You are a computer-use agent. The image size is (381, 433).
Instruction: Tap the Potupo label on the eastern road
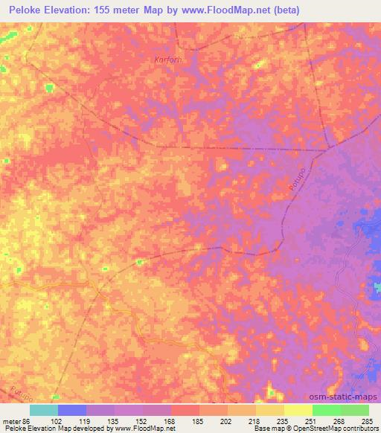(295, 183)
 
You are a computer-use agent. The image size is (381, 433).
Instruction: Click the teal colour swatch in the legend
(44, 409)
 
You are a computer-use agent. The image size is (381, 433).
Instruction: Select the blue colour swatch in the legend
(72, 409)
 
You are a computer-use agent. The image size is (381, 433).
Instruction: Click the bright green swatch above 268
(326, 409)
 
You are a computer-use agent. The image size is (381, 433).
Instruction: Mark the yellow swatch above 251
(298, 409)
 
